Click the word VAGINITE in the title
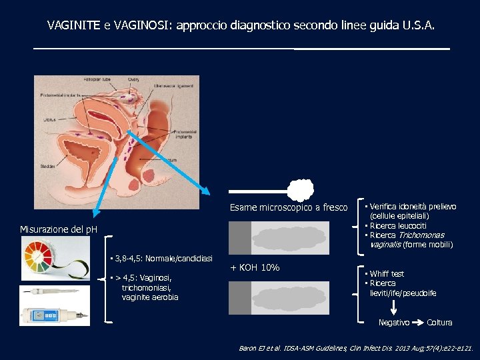(x=73, y=26)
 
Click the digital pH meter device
(x=53, y=313)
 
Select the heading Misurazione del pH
(x=59, y=230)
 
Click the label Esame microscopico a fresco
(x=289, y=208)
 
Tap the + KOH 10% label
(x=255, y=268)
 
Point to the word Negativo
(x=393, y=323)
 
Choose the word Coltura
(x=439, y=323)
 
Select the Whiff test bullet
(x=387, y=274)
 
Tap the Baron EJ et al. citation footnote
(x=356, y=348)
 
